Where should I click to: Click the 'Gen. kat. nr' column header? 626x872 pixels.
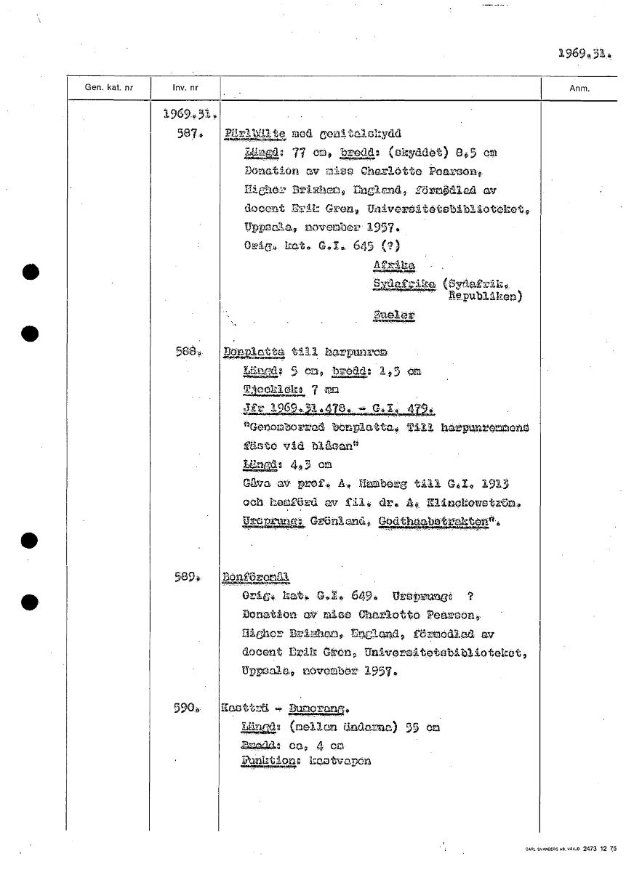tap(109, 88)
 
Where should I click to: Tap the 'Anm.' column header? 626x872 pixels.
tap(579, 89)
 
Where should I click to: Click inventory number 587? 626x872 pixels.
tap(190, 135)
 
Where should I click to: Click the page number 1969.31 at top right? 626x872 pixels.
tap(585, 53)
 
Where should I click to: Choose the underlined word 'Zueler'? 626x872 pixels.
tap(393, 315)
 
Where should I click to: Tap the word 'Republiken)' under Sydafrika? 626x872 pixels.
tap(486, 296)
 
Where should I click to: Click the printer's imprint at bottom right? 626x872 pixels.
tap(570, 849)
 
